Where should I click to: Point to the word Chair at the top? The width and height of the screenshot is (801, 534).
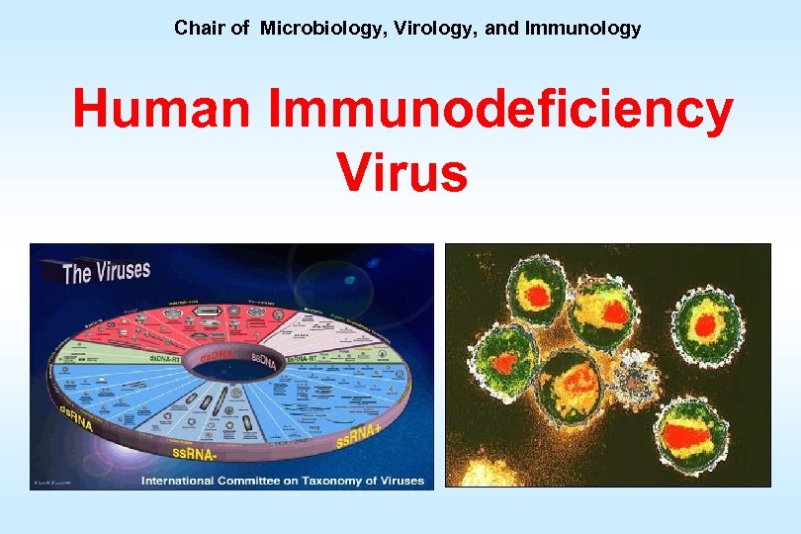click(198, 29)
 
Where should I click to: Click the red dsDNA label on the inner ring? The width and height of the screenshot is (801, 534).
click(218, 353)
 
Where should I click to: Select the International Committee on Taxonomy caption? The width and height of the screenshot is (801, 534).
click(282, 482)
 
